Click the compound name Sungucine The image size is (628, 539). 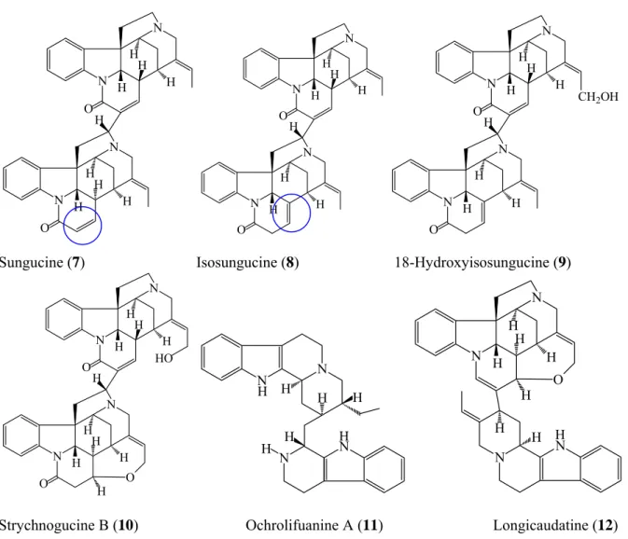[31, 262]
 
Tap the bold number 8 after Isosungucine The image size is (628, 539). [290, 262]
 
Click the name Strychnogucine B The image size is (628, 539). [54, 525]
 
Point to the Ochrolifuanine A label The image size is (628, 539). [300, 525]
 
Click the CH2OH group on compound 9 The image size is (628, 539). [598, 97]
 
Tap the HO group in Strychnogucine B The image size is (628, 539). [164, 358]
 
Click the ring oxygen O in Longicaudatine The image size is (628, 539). [558, 380]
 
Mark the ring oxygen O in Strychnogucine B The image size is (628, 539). [129, 477]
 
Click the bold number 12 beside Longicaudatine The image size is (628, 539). [605, 525]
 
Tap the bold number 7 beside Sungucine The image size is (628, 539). [77, 262]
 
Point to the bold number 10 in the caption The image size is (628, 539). [125, 525]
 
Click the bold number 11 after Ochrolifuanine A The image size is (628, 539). [370, 525]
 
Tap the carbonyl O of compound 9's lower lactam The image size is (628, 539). [433, 229]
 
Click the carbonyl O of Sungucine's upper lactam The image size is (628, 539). [89, 108]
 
